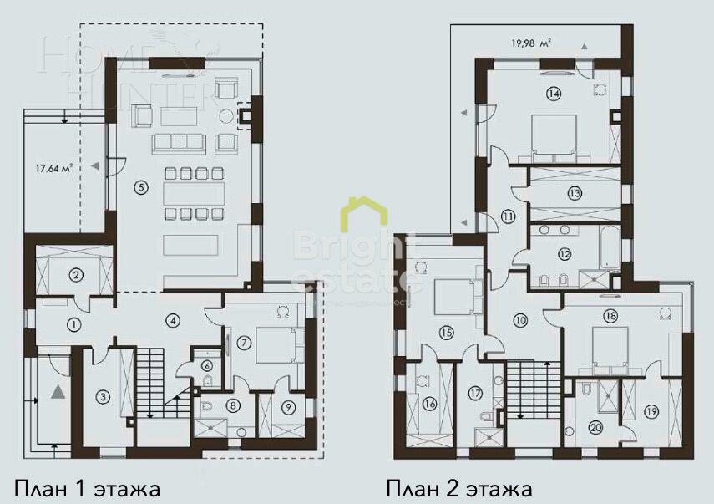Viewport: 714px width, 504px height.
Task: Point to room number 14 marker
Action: pos(553,94)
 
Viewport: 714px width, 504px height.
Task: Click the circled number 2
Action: pos(75,274)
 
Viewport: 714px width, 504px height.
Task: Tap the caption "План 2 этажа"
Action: pos(458,487)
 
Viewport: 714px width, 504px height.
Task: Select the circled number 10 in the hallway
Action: pos(520,319)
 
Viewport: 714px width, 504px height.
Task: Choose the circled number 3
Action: pos(102,396)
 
